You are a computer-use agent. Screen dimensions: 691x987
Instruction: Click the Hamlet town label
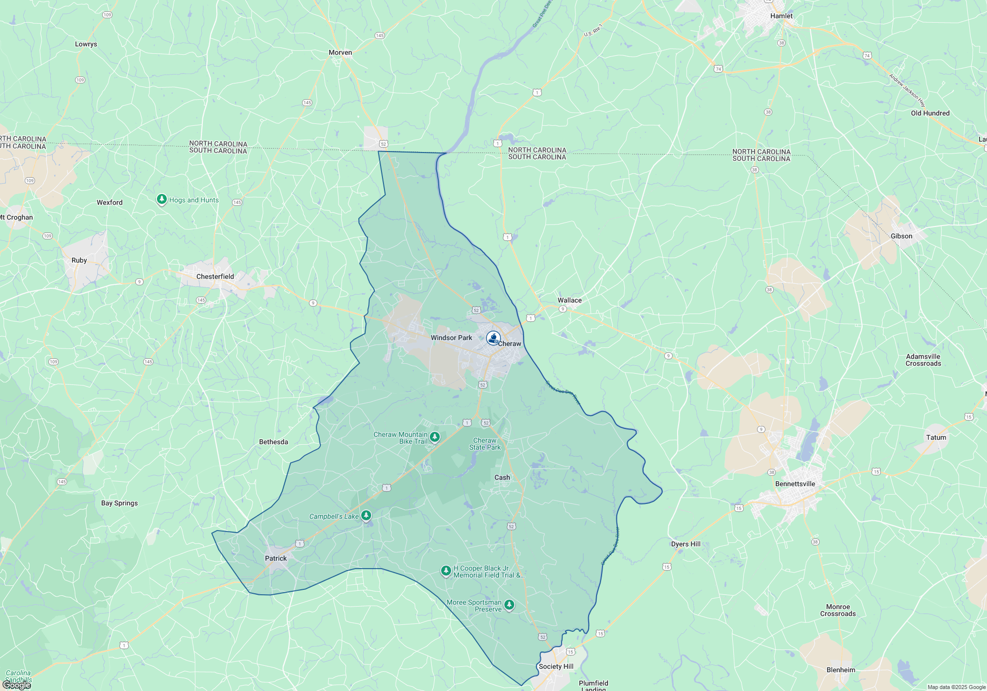click(x=781, y=16)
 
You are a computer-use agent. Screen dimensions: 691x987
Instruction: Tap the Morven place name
click(x=340, y=52)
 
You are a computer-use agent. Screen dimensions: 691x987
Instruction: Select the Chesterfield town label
click(x=215, y=276)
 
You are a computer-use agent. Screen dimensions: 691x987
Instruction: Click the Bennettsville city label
click(x=795, y=484)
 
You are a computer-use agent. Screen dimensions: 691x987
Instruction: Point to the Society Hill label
click(x=556, y=666)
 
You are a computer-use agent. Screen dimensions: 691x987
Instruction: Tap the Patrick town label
click(x=275, y=558)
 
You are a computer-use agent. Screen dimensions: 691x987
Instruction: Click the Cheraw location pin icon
click(x=493, y=338)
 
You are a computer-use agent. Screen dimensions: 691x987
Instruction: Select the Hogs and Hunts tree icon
click(x=161, y=199)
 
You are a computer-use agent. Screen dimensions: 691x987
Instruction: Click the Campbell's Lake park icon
click(x=366, y=516)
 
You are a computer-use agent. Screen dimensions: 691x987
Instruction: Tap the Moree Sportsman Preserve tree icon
click(x=509, y=605)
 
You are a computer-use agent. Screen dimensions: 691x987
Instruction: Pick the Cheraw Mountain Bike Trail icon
click(x=435, y=437)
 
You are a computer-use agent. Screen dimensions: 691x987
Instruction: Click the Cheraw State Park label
click(x=485, y=444)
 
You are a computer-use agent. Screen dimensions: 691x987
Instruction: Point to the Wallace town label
click(x=569, y=300)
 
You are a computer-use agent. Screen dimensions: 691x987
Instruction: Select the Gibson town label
click(x=901, y=236)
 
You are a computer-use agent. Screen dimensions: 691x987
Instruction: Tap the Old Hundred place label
click(x=930, y=113)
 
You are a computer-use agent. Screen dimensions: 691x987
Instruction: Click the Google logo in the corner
click(x=16, y=685)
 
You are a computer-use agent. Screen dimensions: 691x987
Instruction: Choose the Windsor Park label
click(x=451, y=338)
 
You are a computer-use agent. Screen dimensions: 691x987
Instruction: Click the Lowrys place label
click(x=86, y=44)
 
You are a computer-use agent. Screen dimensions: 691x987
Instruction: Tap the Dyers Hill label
click(x=685, y=544)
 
